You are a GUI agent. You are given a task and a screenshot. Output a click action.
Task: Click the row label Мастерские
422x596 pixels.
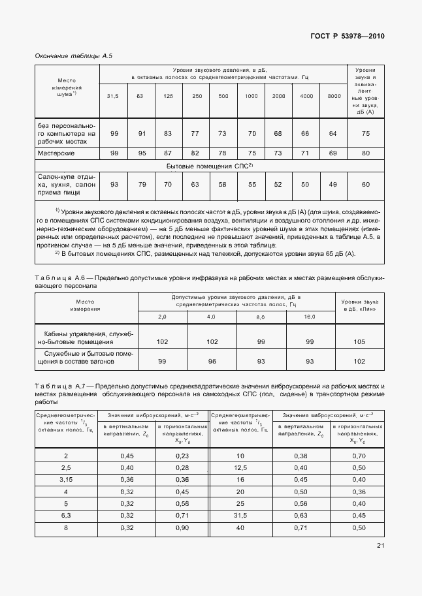click(56, 153)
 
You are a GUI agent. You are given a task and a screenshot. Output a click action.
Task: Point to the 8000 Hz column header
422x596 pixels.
click(334, 96)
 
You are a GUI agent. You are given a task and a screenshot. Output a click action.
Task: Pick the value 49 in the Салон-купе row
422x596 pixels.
click(333, 185)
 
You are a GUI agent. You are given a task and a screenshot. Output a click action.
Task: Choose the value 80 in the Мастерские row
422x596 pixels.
click(366, 153)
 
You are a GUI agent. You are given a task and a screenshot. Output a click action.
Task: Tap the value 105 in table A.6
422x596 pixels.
click(359, 341)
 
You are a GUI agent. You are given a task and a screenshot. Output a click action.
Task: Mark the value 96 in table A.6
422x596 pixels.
click(212, 361)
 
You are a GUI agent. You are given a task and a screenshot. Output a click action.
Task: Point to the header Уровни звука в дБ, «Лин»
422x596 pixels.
click(359, 306)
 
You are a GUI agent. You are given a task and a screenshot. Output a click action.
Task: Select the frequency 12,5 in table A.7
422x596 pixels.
click(241, 468)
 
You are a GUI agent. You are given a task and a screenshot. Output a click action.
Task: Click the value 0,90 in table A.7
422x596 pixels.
click(182, 527)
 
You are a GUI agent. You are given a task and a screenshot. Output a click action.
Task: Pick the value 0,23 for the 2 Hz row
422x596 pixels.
click(182, 456)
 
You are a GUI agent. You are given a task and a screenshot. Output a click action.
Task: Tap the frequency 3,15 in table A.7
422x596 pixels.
click(65, 480)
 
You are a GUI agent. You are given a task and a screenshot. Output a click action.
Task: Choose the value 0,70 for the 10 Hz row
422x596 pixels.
click(359, 456)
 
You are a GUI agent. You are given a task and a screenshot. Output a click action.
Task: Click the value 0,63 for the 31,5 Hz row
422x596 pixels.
click(300, 515)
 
